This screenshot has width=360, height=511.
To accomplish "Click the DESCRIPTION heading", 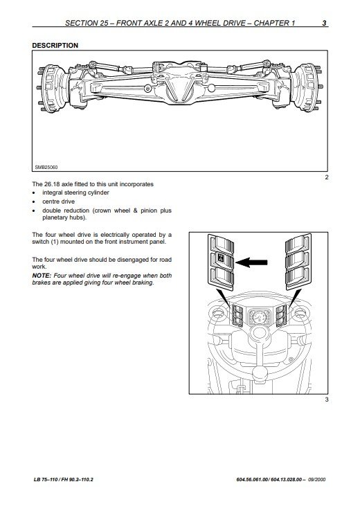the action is click(x=55, y=45).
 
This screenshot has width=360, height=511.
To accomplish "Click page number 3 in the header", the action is click(x=324, y=23).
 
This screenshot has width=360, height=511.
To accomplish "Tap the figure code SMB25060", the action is click(x=46, y=167).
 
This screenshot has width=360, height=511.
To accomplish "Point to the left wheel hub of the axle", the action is click(x=51, y=89).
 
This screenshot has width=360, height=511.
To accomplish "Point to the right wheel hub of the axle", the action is click(x=307, y=87).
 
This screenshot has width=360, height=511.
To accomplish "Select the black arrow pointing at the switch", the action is click(x=251, y=262).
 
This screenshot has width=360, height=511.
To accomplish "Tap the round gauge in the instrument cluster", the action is click(x=260, y=316).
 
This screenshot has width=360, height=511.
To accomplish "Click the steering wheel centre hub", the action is click(x=260, y=333).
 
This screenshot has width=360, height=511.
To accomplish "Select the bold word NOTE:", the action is click(x=42, y=276).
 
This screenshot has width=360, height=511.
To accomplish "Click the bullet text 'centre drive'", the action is click(x=58, y=201).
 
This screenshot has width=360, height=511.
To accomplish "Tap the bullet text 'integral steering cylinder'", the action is click(x=75, y=192).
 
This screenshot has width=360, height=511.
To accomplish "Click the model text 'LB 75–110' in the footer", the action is click(x=46, y=479).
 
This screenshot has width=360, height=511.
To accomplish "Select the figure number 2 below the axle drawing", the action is click(x=327, y=178).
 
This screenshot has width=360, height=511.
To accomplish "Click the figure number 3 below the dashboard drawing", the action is click(x=327, y=400).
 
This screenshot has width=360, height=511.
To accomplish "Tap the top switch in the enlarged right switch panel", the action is click(x=298, y=244).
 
